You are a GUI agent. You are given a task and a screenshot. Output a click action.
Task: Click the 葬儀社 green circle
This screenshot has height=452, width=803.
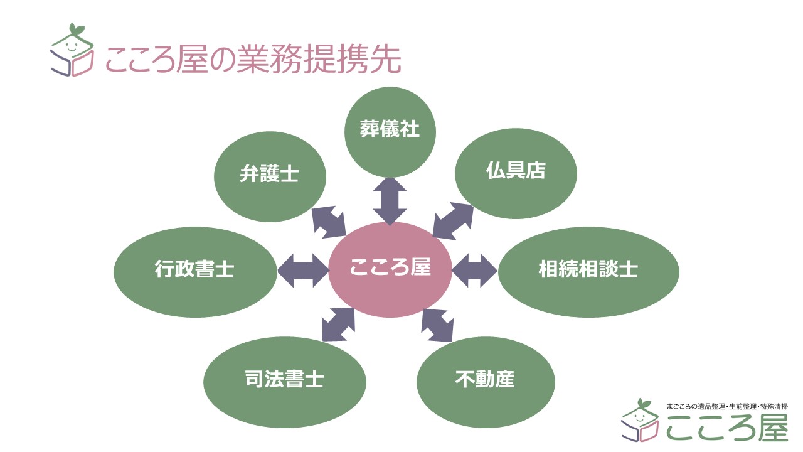pos(390,132)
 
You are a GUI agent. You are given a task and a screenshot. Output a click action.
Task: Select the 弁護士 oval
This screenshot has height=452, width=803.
pos(270,176)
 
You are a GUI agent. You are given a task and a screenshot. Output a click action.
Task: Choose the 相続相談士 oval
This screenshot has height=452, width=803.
pos(588,271)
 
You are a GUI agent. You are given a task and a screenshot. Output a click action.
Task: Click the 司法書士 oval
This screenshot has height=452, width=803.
pos(285,380)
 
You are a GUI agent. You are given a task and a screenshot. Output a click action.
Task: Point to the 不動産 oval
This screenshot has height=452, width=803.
pos(486,380)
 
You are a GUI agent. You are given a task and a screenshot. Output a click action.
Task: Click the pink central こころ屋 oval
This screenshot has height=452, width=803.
pos(390,269)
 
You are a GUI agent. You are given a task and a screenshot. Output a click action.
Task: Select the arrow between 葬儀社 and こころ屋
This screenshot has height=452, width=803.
pos(390,202)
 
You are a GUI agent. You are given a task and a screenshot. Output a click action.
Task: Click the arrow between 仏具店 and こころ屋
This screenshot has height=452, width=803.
pos(452,220)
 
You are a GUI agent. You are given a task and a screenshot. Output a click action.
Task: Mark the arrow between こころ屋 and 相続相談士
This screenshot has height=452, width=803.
pos(474,271)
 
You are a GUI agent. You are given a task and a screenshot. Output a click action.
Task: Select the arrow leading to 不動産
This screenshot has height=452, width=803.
pos(437,325)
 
